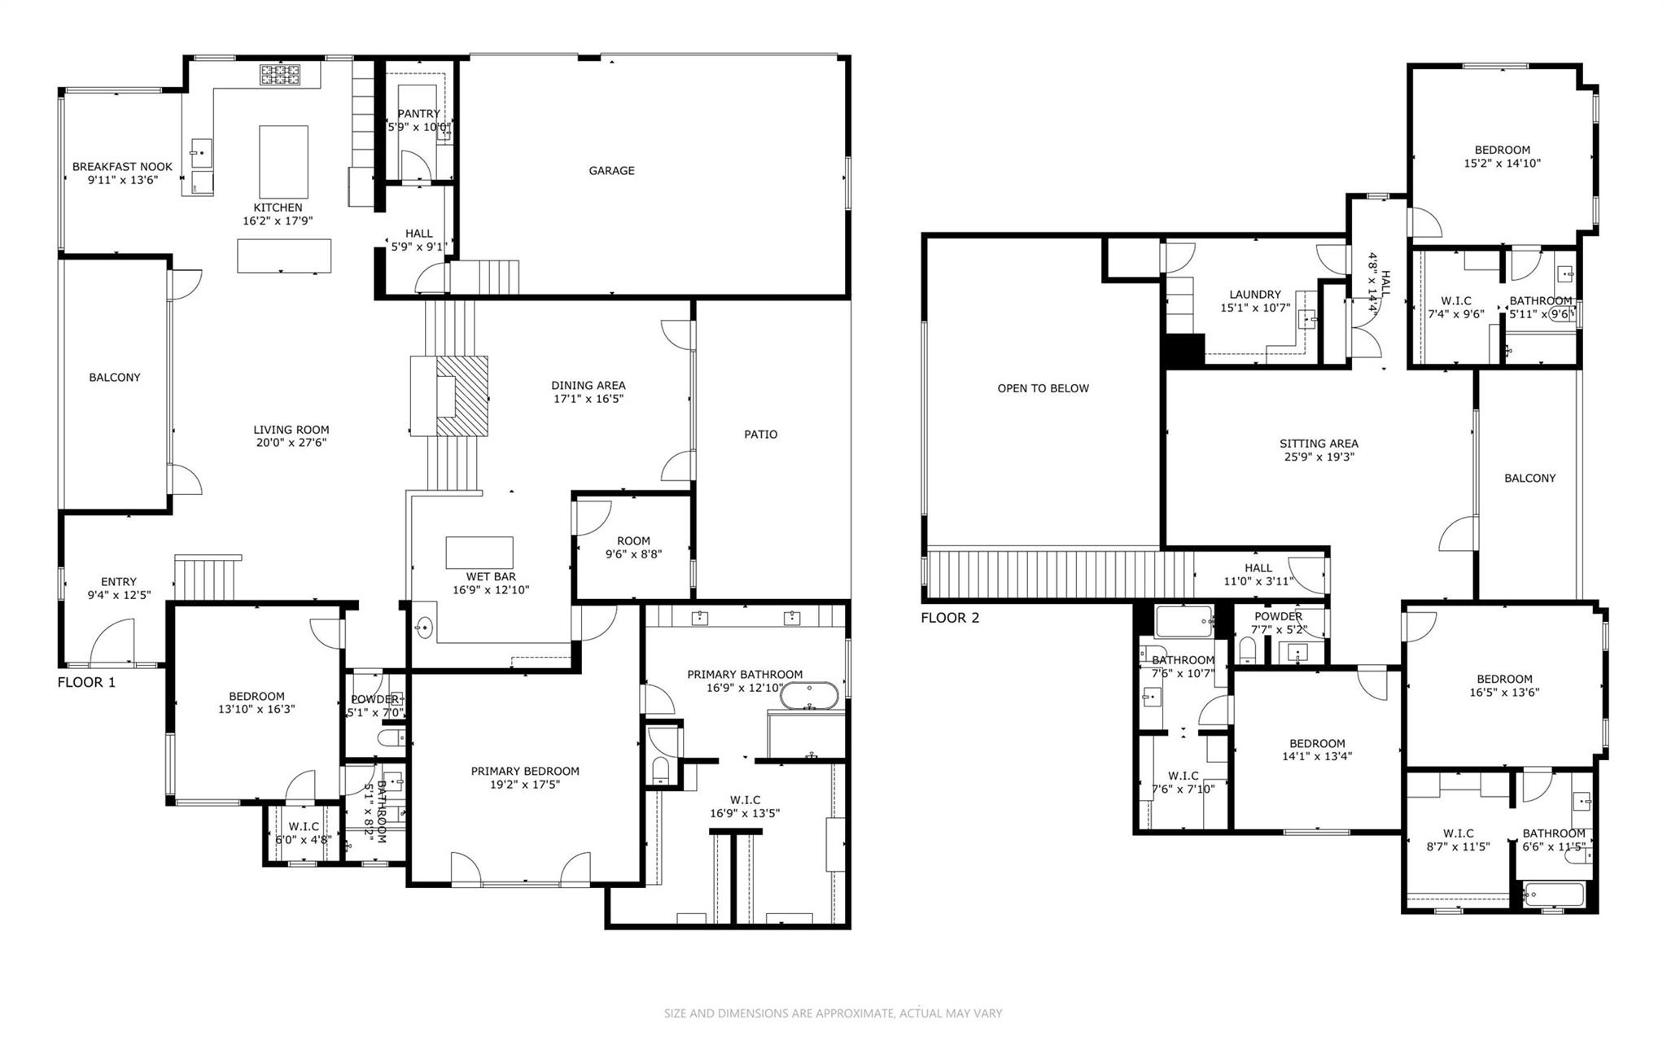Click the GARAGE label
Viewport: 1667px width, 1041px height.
(611, 171)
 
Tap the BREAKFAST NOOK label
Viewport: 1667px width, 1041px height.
(122, 167)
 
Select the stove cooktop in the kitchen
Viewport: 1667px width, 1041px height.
(281, 76)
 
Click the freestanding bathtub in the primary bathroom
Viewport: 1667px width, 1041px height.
(808, 696)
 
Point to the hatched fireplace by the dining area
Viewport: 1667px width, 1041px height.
(462, 397)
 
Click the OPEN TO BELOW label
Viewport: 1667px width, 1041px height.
(1043, 388)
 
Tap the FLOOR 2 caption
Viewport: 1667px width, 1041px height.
(950, 618)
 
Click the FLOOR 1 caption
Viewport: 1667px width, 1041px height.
(86, 682)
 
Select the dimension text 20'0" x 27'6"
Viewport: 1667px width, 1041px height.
(291, 443)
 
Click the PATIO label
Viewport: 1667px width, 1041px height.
(760, 435)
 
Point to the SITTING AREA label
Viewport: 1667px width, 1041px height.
(1319, 444)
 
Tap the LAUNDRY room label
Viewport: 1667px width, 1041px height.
(1255, 295)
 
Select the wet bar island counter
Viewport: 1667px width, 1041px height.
(479, 553)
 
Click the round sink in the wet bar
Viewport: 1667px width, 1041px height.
(424, 628)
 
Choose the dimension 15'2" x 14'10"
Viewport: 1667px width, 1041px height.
(1502, 163)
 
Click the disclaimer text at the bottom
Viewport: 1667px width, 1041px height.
(833, 1013)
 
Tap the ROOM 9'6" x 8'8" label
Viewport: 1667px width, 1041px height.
(633, 547)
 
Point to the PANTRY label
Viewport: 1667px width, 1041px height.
(418, 114)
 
